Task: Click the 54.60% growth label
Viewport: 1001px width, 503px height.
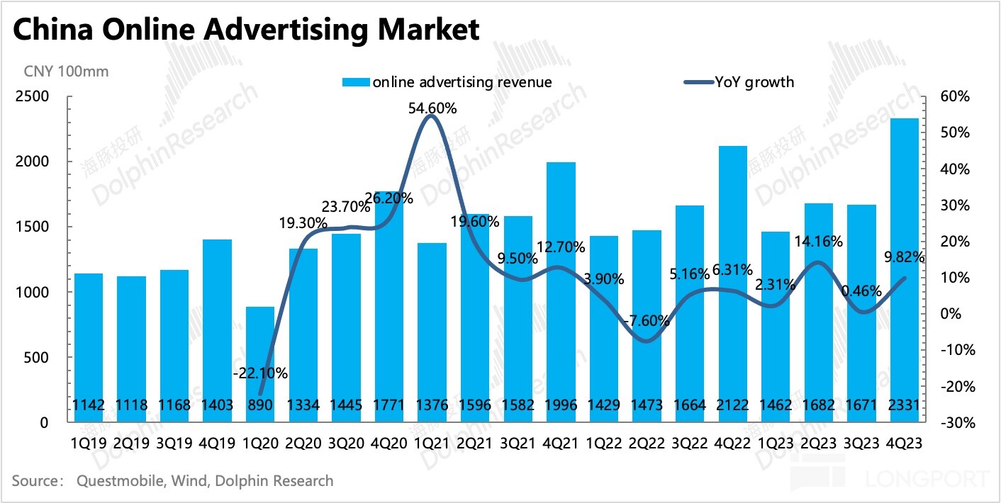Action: click(x=432, y=108)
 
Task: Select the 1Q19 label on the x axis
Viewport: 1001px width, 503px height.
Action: click(x=89, y=442)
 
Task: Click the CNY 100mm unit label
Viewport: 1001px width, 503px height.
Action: click(x=67, y=71)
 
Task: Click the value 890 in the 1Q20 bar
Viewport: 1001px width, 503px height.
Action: click(x=260, y=405)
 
